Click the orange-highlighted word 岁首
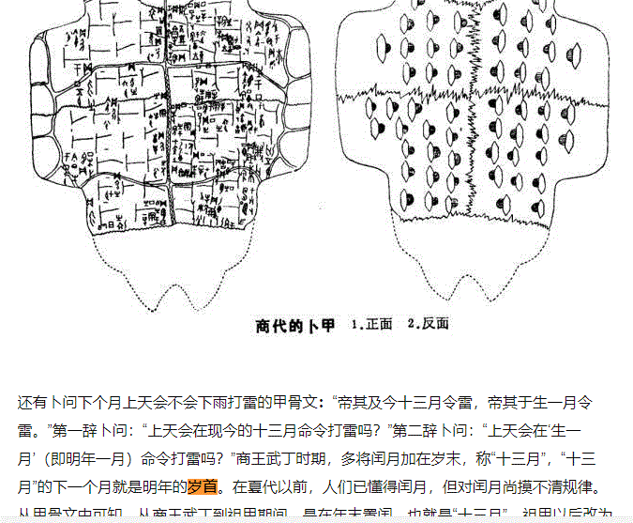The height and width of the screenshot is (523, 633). click(203, 488)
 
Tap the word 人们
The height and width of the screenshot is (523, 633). click(336, 488)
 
